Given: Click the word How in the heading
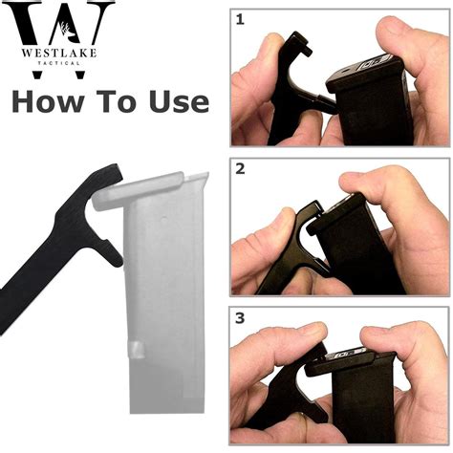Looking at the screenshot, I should coord(49,102).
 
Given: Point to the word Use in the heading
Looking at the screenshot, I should coord(181,102).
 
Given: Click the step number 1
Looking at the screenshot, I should coord(240,18).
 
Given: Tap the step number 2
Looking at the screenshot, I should coord(240,169).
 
